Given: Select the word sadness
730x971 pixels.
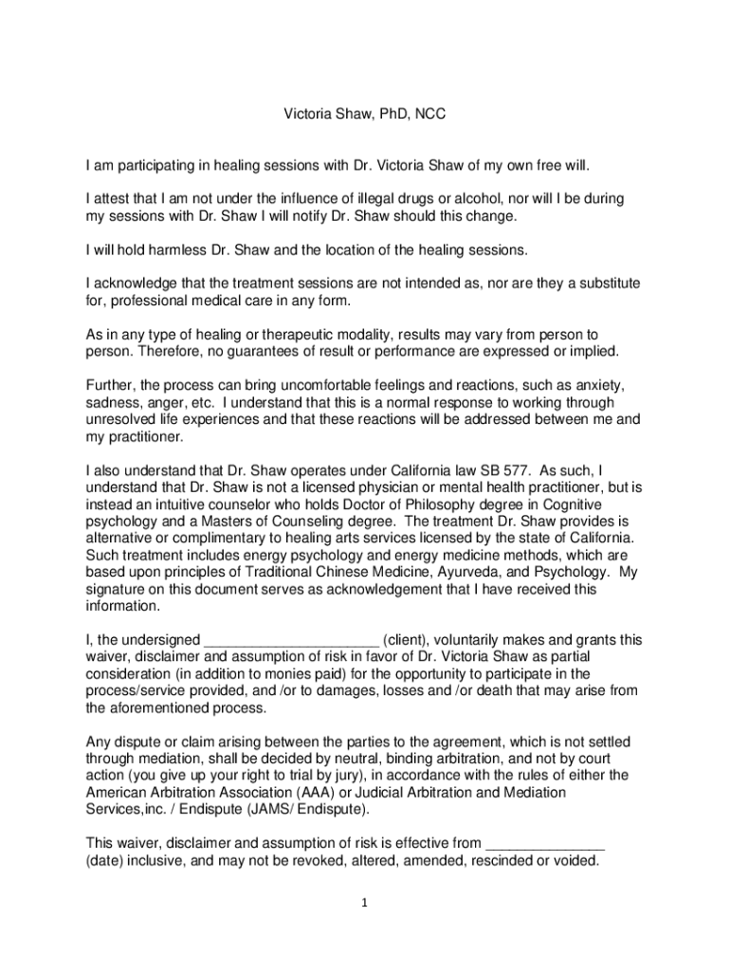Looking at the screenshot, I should click(x=110, y=403).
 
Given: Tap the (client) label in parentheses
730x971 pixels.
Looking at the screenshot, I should click(x=411, y=640).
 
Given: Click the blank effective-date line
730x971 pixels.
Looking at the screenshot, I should click(x=544, y=844).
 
